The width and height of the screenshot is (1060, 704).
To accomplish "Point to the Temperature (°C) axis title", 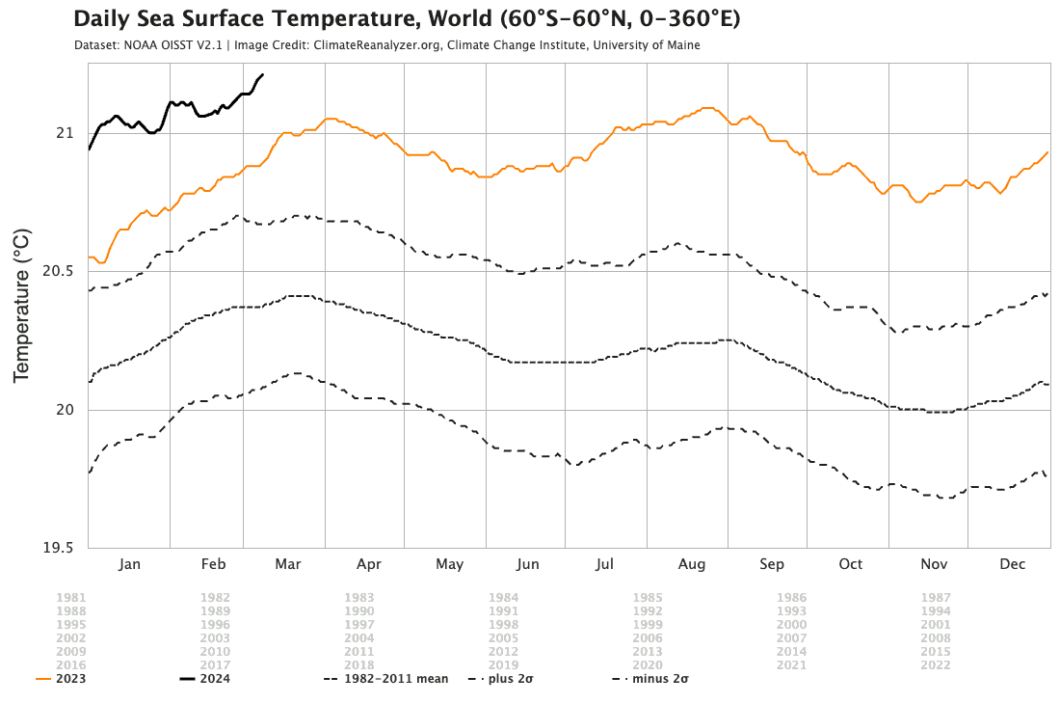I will point(22,306).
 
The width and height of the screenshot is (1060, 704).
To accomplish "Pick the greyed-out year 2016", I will point(70,665).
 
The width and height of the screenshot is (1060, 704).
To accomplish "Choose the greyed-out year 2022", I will point(936,665).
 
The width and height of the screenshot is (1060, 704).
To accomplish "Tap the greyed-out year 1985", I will point(648,598).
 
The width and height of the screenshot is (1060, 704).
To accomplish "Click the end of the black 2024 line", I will point(263,74).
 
